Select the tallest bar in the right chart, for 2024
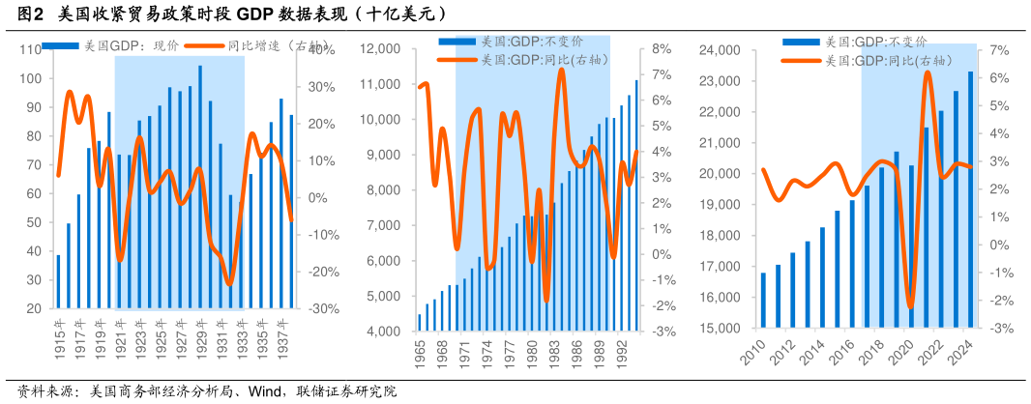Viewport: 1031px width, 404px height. click(970, 199)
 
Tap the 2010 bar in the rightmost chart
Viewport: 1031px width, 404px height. click(763, 300)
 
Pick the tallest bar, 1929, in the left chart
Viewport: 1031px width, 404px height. click(200, 187)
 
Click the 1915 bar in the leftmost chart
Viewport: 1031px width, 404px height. click(58, 280)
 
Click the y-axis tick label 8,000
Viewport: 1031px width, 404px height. click(392, 190)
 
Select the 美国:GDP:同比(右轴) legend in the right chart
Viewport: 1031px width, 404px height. click(869, 60)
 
